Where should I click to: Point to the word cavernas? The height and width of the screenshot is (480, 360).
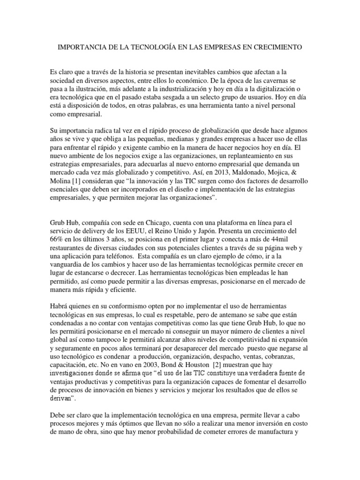[x=282, y=80]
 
